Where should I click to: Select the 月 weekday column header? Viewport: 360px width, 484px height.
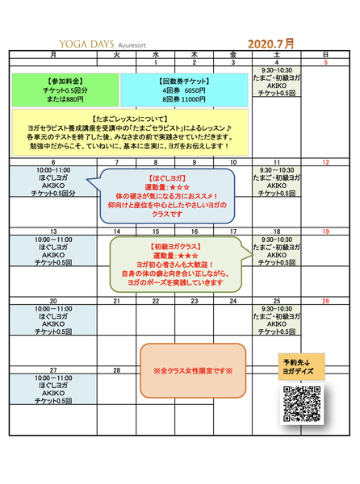pos(53,54)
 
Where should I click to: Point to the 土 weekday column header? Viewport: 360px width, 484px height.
pos(277,54)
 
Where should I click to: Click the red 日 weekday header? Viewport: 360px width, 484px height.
pos(325,54)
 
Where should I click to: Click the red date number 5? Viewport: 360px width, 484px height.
pos(325,62)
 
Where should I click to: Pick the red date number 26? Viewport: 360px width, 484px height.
pos(325,301)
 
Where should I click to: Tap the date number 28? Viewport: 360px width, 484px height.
pos(116,370)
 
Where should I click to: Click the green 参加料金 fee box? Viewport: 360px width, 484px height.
pos(65,89)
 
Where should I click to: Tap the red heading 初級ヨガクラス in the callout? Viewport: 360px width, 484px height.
pos(174,246)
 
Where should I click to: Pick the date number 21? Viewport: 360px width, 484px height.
pos(116,301)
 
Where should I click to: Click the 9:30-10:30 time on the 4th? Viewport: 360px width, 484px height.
pos(277,70)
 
